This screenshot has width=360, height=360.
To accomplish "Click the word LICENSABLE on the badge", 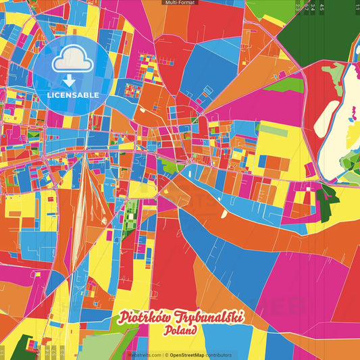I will click(x=73, y=95).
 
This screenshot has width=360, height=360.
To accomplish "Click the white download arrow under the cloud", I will click(x=69, y=81).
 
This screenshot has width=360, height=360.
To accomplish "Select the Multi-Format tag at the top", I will click(x=180, y=3).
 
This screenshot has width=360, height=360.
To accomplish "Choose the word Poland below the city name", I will click(x=180, y=332).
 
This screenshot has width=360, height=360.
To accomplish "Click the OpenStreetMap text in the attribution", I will click(x=192, y=355).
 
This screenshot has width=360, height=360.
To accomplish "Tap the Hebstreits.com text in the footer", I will click(x=145, y=355).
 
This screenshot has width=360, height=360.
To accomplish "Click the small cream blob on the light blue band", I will click(x=224, y=213).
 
